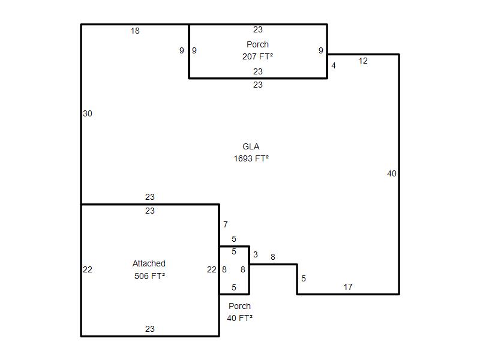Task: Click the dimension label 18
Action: point(135,31)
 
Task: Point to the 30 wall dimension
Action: point(88,113)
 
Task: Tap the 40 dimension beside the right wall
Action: point(392,173)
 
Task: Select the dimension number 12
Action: point(363,61)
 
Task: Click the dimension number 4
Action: point(334,65)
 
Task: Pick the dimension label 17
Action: point(348,287)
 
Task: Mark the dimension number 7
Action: point(226,224)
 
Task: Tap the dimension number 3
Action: point(256,254)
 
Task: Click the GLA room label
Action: point(251,146)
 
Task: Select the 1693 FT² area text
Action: point(251,158)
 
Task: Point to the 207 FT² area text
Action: point(257,56)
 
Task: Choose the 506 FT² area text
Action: point(149,276)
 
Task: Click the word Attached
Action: point(149,263)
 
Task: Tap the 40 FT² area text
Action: point(239,319)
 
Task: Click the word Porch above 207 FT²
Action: point(258,44)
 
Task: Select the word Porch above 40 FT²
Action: point(239,306)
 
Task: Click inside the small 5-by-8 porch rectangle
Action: point(234,270)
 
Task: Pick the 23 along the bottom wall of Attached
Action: point(149,329)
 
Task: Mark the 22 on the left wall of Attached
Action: point(88,269)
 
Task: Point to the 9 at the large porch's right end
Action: point(321,50)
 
